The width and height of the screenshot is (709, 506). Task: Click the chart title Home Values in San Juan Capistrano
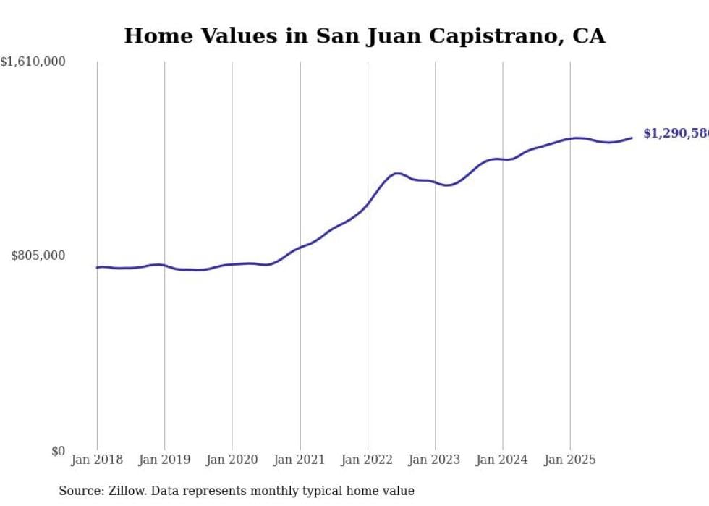point(364,35)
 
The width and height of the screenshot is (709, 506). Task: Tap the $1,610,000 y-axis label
point(33,62)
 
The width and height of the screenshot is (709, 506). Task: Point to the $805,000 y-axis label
point(38,256)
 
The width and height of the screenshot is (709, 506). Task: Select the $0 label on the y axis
point(58,451)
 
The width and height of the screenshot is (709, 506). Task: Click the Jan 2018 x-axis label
point(97,460)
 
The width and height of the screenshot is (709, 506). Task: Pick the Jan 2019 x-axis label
point(164,460)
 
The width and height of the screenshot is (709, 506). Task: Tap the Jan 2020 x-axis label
point(232,460)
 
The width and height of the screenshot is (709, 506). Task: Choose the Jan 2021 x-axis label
point(300,460)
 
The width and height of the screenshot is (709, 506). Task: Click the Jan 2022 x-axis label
point(368,460)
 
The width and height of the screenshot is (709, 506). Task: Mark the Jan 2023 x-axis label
point(435,460)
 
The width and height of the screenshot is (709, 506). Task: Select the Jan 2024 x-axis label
point(503,460)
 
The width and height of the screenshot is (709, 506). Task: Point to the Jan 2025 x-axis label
point(570,460)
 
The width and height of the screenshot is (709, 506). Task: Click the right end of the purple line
point(632,138)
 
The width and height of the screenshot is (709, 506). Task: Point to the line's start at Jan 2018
point(97,268)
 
